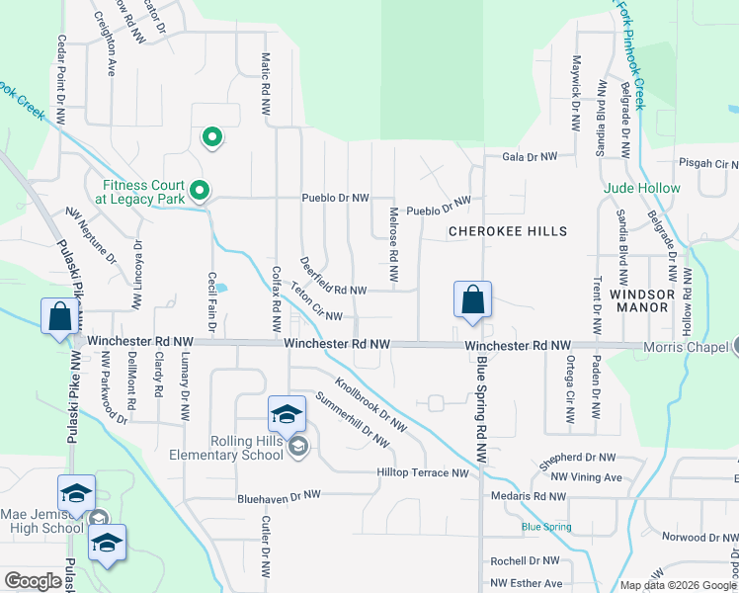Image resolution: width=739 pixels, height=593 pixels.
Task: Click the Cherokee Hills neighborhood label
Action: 508,231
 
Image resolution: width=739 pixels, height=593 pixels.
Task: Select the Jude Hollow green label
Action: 643,188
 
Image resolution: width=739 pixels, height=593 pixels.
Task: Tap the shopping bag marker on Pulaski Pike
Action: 60,317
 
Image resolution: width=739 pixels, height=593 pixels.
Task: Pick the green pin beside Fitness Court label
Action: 200,189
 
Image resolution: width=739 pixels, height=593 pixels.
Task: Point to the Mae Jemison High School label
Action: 41,521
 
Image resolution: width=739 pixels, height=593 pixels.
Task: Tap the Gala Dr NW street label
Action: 530,156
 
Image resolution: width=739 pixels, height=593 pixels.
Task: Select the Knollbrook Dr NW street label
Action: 370,404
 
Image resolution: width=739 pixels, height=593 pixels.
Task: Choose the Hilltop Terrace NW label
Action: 422,473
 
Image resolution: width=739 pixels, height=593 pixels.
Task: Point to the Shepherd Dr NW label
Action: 577,459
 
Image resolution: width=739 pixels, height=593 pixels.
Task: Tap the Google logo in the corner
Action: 34,581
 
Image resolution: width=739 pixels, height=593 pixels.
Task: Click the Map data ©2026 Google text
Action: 677,585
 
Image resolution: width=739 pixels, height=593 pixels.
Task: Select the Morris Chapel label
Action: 684,347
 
